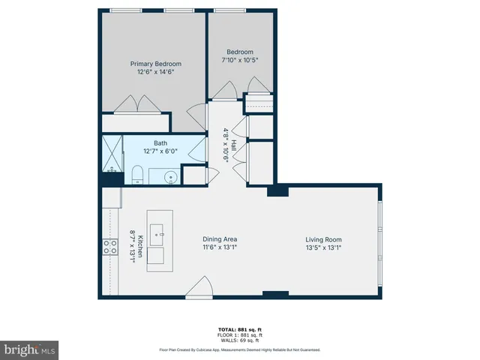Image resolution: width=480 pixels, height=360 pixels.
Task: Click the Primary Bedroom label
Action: (156, 64)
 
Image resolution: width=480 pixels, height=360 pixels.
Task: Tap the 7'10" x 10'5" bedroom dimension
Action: (240, 60)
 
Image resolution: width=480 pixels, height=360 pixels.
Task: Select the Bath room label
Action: (160, 142)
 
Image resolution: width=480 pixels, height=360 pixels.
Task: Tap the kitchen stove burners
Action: (109, 247)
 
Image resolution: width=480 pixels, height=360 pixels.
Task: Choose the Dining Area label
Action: (220, 239)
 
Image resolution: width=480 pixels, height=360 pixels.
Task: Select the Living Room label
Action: (323, 239)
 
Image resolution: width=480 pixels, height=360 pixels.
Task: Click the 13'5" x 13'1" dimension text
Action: (323, 247)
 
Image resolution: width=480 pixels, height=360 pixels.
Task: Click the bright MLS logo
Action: (30, 349)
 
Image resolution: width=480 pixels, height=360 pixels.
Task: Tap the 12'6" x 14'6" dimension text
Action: (156, 72)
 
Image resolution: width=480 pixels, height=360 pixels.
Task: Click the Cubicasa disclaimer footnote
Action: (239, 349)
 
